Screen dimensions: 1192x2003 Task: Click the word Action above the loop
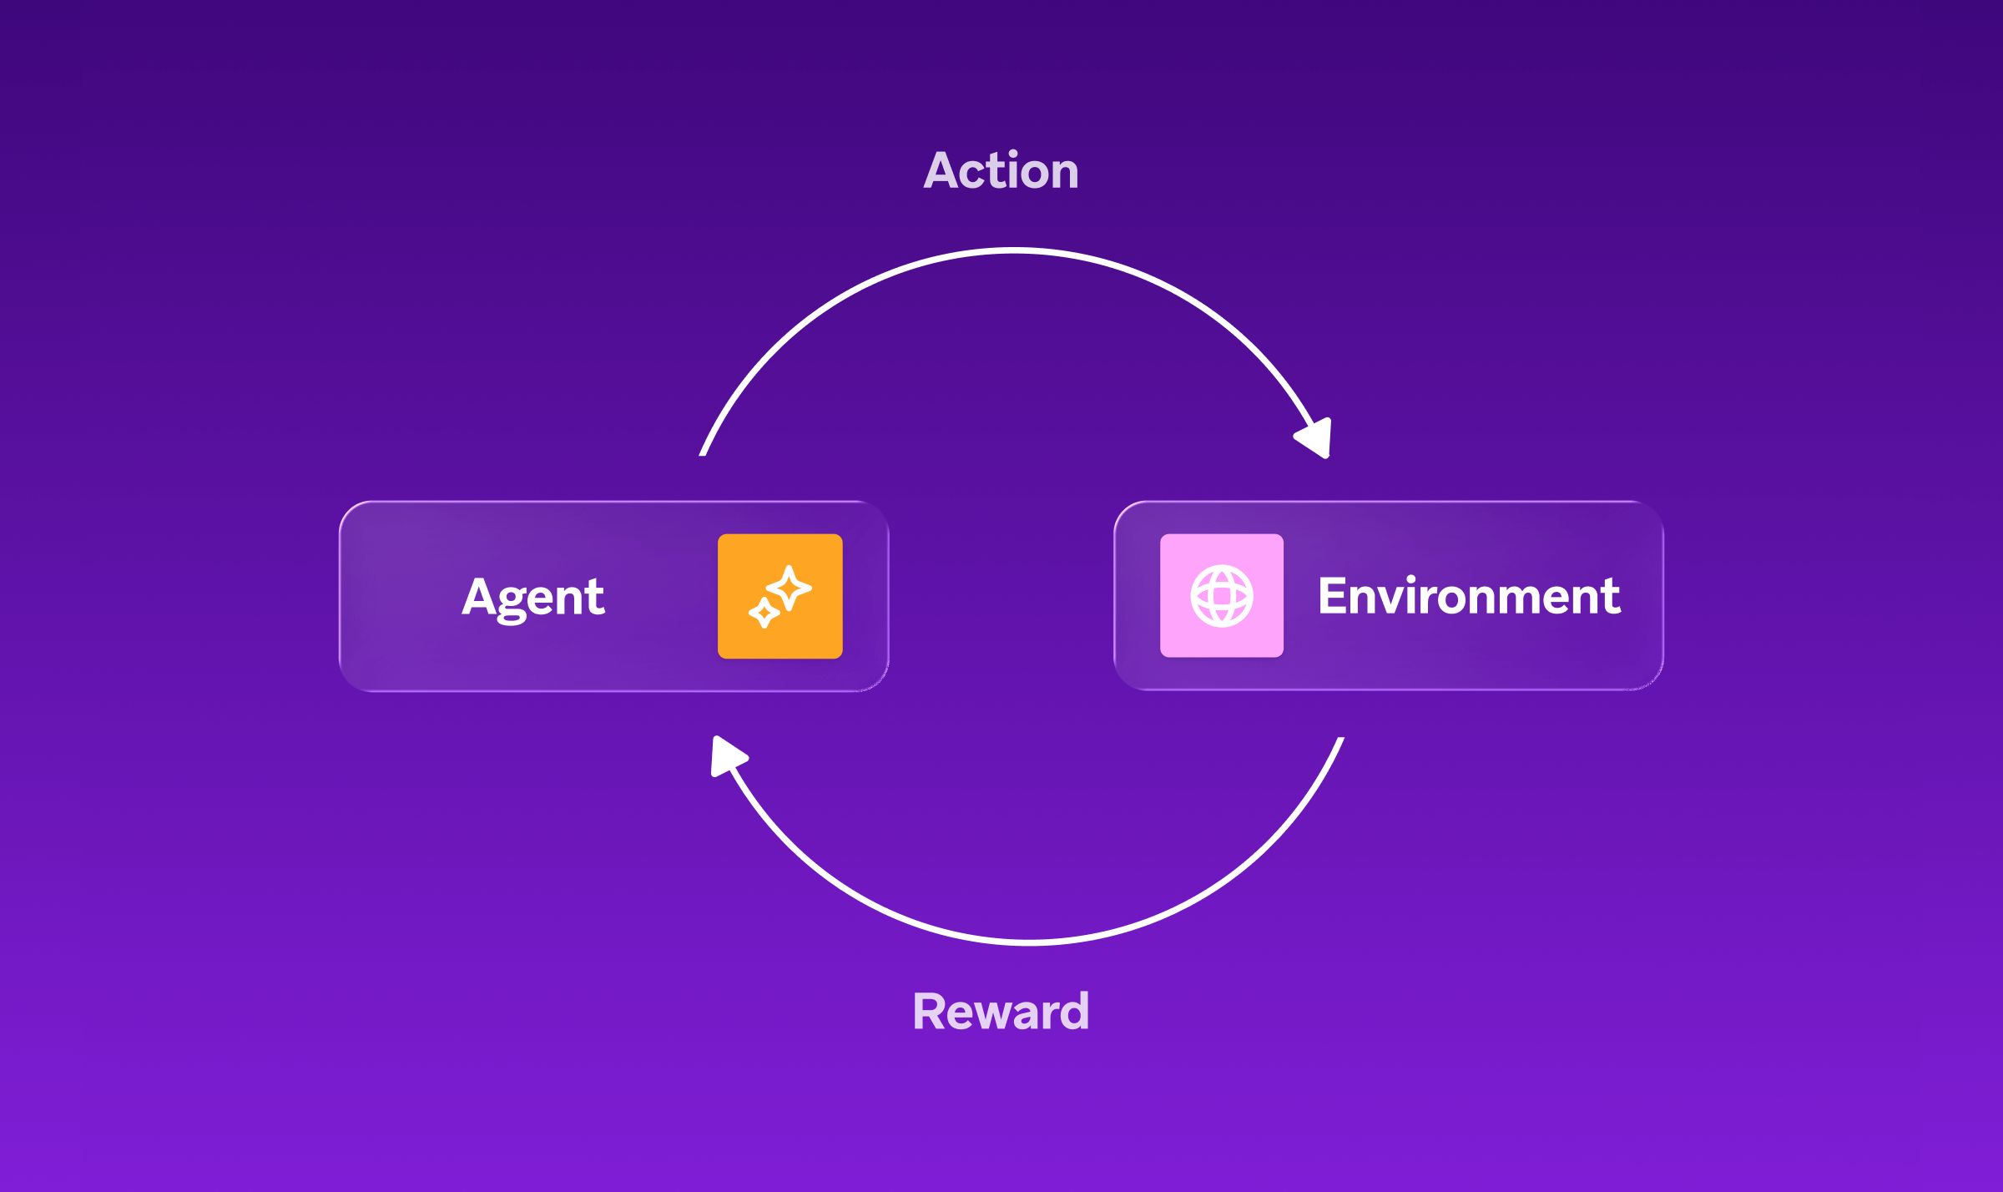(1001, 171)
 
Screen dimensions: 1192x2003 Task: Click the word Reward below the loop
(1001, 1012)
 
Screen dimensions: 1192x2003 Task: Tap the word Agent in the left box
(533, 597)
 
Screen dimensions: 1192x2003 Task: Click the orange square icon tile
(780, 596)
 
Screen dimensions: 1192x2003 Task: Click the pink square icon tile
(1222, 596)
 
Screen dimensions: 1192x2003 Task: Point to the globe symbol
(1222, 596)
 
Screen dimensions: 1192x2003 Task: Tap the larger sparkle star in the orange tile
(789, 588)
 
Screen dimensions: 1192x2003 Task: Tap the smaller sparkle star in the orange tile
(764, 613)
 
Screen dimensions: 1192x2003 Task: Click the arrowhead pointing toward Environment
(1315, 437)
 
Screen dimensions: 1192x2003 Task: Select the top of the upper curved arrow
(1014, 250)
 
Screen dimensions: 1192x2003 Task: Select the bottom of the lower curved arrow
(1028, 942)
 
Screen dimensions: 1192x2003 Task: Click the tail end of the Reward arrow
(1340, 741)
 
